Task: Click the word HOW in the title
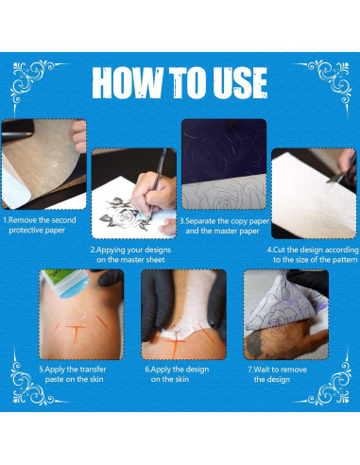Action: (x=128, y=84)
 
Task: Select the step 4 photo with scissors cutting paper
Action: (x=312, y=193)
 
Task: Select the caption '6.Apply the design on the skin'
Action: (x=180, y=373)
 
